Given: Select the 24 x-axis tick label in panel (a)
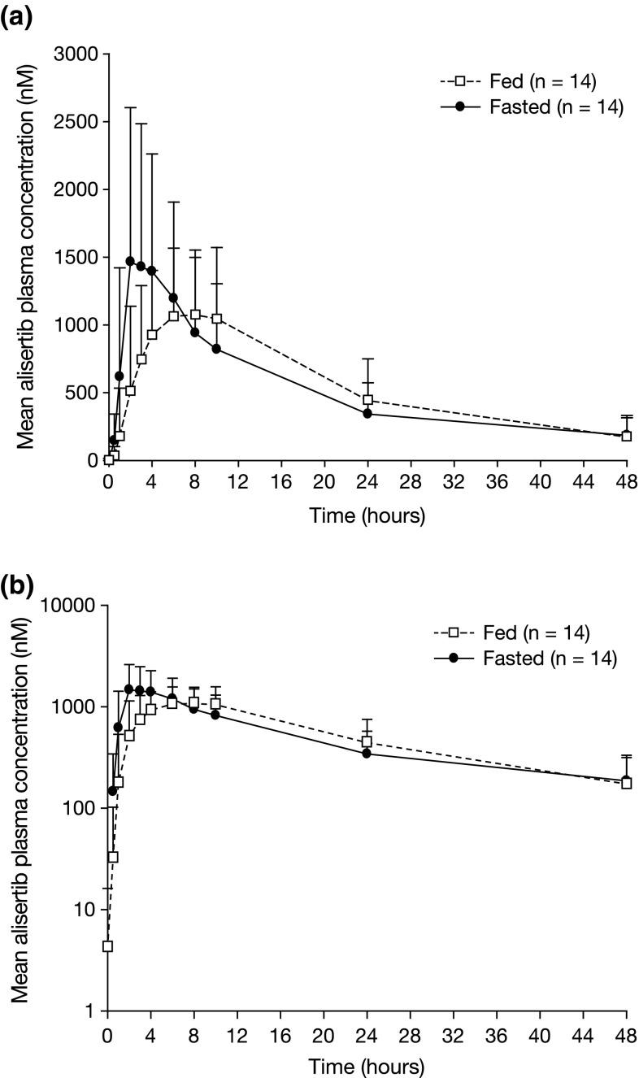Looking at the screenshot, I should pyautogui.click(x=367, y=482).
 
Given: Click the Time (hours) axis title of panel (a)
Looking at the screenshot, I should pyautogui.click(x=367, y=515).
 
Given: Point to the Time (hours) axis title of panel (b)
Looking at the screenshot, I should pyautogui.click(x=367, y=1066).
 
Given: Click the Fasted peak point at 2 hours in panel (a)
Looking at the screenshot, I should pyautogui.click(x=130, y=261).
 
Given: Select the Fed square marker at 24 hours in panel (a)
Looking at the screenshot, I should pyautogui.click(x=367, y=400).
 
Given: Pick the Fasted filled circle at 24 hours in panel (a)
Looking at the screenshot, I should pyautogui.click(x=367, y=414).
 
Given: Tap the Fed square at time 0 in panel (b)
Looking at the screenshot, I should pyautogui.click(x=107, y=946).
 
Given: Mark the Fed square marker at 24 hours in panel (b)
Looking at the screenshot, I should pyautogui.click(x=367, y=741).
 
